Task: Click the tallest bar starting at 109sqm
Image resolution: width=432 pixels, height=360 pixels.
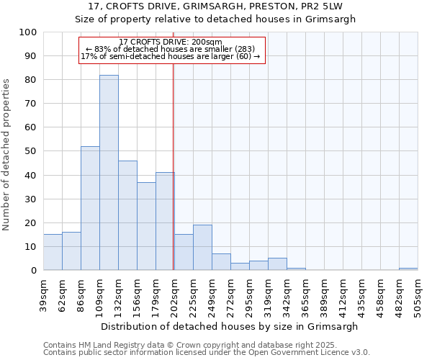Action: pos(109,173)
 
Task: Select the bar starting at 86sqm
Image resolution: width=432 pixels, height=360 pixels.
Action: pos(90,208)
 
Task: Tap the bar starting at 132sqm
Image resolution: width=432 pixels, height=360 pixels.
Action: pos(127,215)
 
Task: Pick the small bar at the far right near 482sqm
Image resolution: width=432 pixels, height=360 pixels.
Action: pos(408,269)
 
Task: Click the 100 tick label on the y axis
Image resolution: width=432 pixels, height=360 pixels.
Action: pos(27,32)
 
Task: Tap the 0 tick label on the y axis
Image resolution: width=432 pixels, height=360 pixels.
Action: pos(33,271)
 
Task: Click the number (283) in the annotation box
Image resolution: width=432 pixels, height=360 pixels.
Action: pos(243,49)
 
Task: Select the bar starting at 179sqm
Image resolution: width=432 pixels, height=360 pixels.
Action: pos(165,221)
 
